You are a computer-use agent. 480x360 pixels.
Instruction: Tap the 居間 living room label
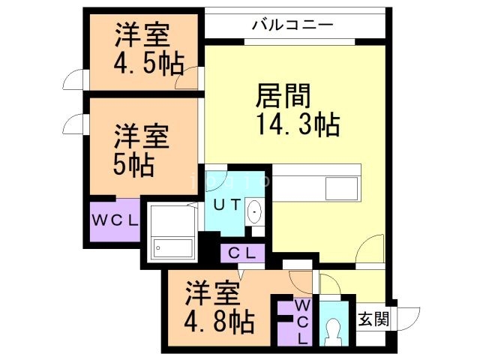coord(283,96)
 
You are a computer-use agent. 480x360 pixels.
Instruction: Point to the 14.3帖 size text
coord(298,124)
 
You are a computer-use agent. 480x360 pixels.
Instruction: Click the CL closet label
coord(241,253)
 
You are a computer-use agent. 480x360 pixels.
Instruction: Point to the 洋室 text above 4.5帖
coord(142,35)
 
